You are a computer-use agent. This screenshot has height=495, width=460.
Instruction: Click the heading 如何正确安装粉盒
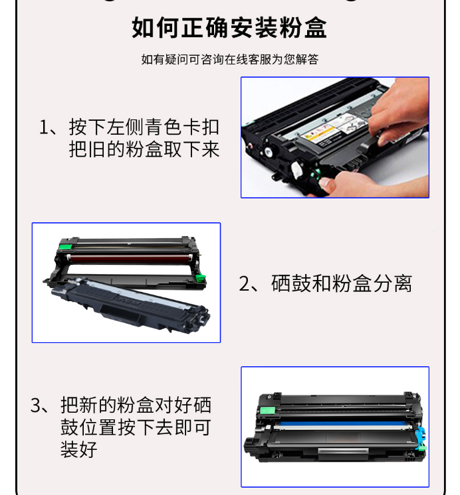point(229,27)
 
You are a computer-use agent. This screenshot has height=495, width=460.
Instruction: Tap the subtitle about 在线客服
point(230,59)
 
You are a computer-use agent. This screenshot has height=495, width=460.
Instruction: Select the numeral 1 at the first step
point(44,127)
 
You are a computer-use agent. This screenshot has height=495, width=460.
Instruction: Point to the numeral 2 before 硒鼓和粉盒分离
point(244,283)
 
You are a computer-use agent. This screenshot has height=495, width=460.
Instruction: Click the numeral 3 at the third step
point(35,405)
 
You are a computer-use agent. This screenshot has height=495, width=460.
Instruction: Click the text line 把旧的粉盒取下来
point(144,149)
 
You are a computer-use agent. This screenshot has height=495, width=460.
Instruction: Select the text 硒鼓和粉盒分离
point(342,283)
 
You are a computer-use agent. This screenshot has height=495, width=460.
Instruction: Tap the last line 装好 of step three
point(79,449)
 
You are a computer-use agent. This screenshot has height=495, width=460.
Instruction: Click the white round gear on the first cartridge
point(296,169)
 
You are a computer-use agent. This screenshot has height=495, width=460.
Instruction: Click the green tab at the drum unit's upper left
point(66,247)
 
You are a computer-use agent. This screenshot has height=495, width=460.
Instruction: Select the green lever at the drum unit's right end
point(200,279)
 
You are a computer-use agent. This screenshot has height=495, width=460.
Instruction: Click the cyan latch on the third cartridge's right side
point(421,438)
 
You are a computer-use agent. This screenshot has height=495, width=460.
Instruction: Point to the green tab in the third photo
point(267,410)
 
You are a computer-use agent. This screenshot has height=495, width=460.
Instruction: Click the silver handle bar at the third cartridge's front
point(343,451)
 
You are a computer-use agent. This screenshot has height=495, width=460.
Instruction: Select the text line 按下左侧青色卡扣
point(144,127)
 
